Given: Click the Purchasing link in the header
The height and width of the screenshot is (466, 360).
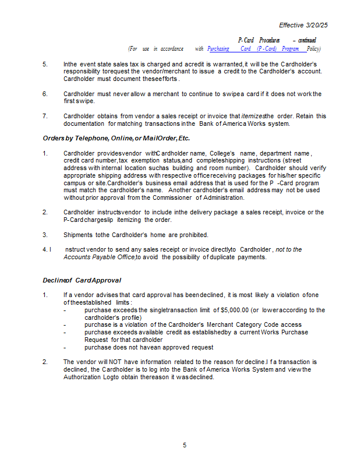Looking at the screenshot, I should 218,48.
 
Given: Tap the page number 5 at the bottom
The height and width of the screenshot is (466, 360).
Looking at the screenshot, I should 185,446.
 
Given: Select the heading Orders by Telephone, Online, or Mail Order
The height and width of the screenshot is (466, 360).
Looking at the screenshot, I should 116,138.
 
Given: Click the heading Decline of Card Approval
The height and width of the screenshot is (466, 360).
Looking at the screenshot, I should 82,280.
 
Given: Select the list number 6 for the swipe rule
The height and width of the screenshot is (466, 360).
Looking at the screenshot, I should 45,94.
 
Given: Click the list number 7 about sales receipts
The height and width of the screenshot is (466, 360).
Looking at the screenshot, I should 45,116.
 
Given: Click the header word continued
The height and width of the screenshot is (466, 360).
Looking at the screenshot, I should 307,40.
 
